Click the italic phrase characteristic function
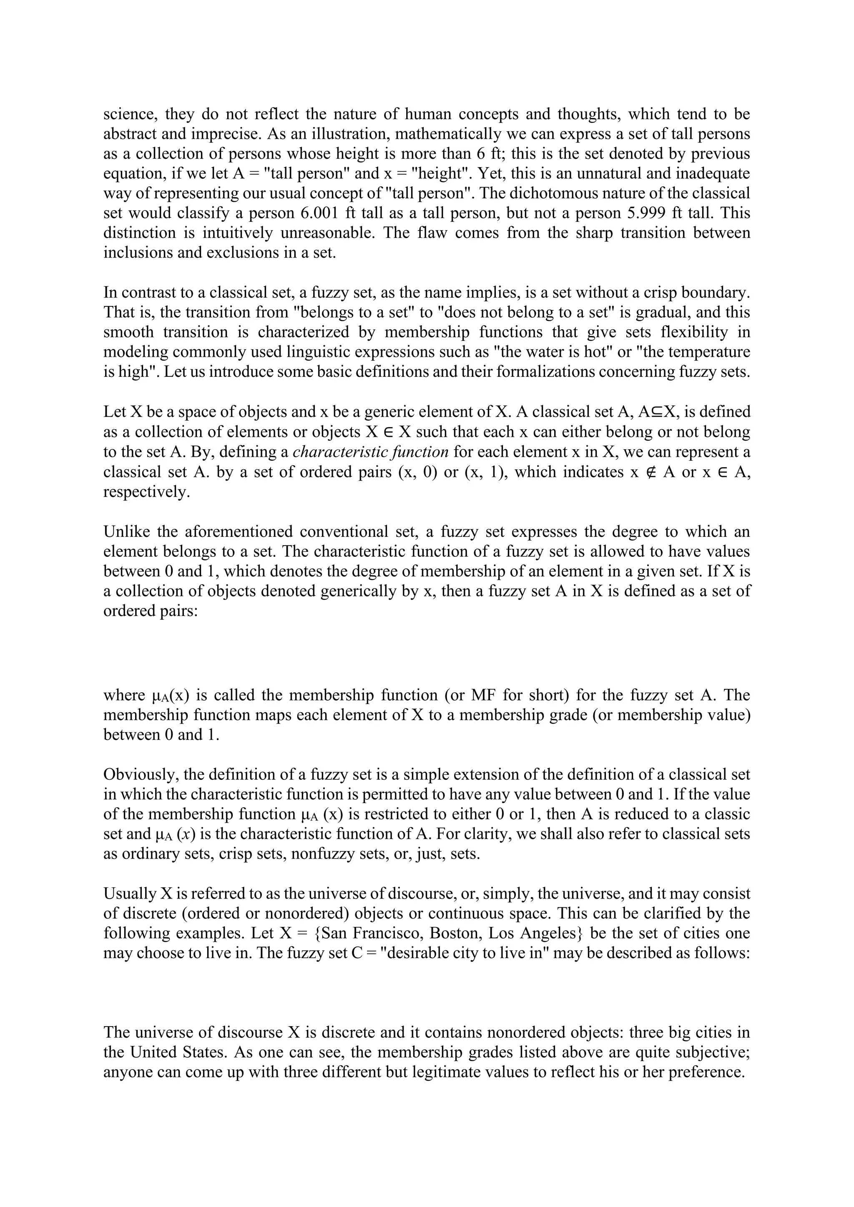[370, 451]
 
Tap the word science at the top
[129, 114]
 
